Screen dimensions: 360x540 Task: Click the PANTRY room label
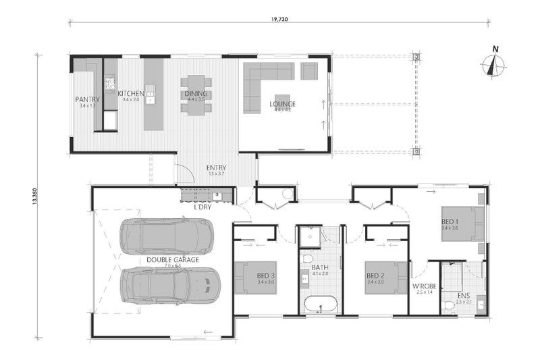87,99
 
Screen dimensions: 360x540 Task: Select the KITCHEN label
130,93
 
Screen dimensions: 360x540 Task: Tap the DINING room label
196,93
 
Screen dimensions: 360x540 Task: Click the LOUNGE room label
282,104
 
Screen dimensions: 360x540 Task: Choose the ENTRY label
216,168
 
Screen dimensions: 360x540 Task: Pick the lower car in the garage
170,285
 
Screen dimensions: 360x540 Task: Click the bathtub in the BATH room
321,305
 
